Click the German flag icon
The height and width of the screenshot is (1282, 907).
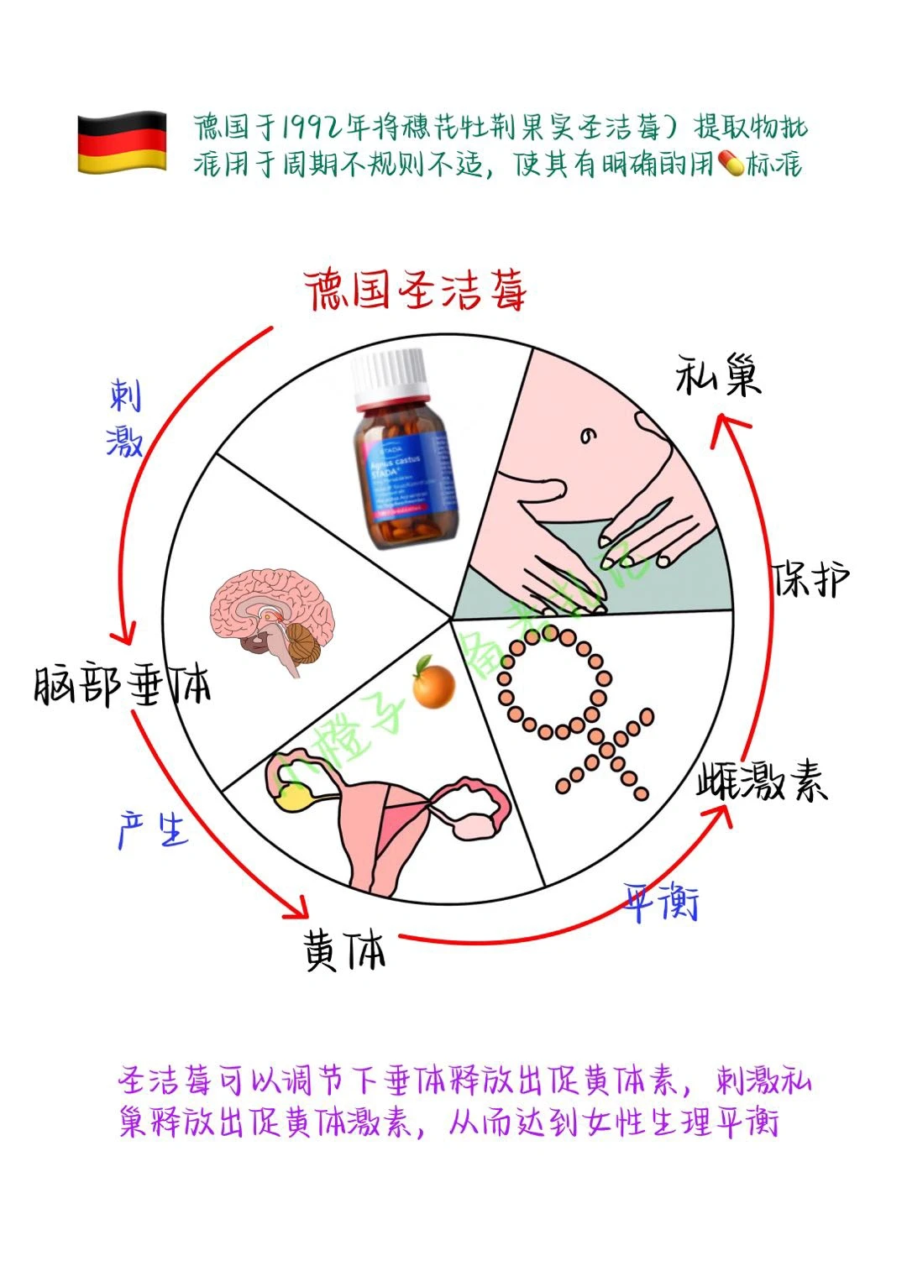(x=122, y=143)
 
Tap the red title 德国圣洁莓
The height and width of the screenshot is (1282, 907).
(x=415, y=290)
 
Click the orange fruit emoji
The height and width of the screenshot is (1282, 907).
(x=433, y=681)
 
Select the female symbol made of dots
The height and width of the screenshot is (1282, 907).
(x=571, y=705)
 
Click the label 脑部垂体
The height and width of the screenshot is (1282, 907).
(x=123, y=684)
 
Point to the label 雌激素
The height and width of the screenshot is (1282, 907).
(x=763, y=782)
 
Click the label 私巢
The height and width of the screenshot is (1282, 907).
(x=718, y=375)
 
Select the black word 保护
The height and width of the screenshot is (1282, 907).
(x=810, y=578)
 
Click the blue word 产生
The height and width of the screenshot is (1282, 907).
(x=153, y=829)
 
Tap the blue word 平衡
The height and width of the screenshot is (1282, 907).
(x=662, y=903)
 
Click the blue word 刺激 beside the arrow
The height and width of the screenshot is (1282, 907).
(x=125, y=417)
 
